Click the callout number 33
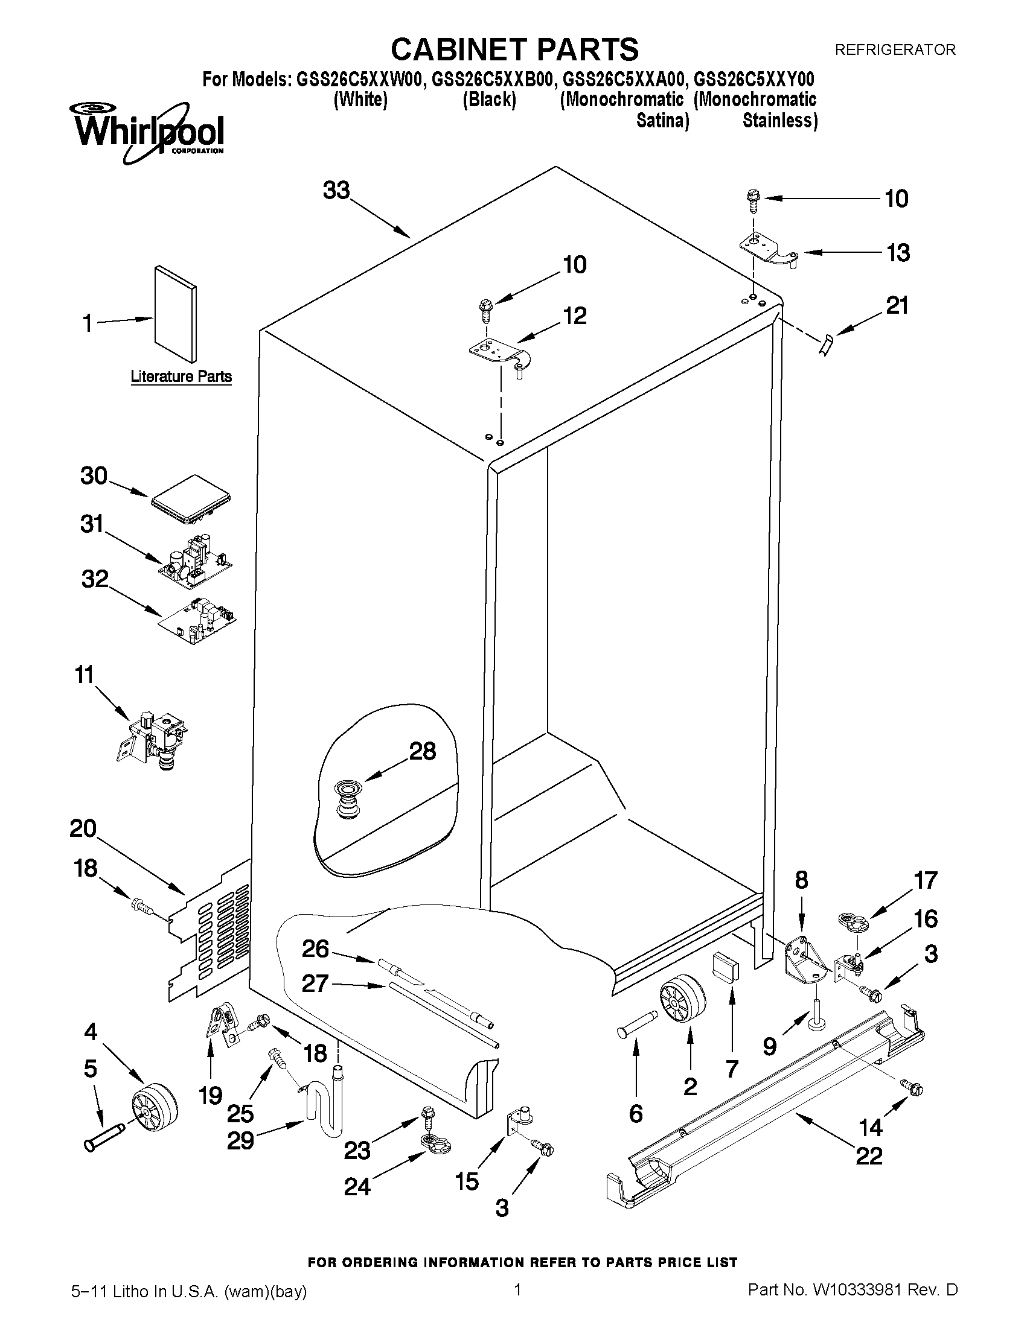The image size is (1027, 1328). click(336, 190)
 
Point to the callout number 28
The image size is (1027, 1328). click(422, 752)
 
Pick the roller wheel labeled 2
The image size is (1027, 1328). click(682, 1002)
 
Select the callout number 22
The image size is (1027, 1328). click(868, 1155)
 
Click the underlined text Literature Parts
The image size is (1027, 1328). click(181, 376)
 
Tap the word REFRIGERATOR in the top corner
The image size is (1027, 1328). click(895, 50)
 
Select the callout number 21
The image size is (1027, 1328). click(897, 305)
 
